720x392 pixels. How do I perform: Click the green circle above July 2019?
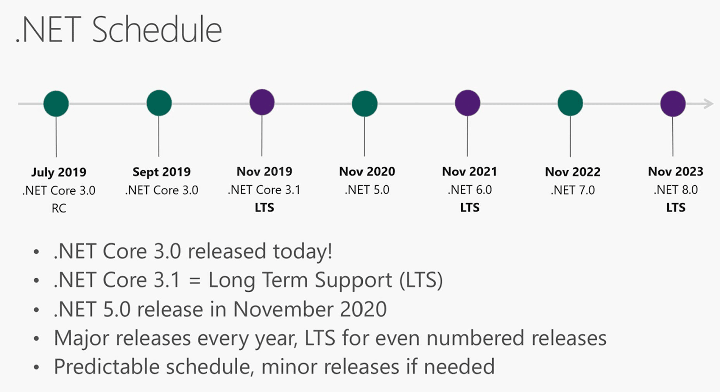[x=56, y=104]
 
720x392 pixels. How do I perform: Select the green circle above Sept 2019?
[x=159, y=103]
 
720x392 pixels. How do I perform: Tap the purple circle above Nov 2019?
[x=262, y=102]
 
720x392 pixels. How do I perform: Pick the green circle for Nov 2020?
[x=364, y=104]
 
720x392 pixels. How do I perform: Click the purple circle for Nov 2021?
[x=468, y=103]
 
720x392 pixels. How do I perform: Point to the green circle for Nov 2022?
[x=570, y=103]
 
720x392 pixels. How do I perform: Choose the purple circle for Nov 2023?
[x=673, y=104]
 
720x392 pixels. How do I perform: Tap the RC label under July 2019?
[x=59, y=208]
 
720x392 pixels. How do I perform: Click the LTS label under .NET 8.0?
[x=675, y=208]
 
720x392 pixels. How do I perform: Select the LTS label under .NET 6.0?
[x=470, y=208]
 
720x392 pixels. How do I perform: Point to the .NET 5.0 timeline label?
[x=367, y=190]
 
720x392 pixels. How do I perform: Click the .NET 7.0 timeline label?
[x=572, y=190]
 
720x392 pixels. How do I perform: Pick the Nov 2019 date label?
[x=264, y=172]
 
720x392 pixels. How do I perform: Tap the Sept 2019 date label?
[x=162, y=172]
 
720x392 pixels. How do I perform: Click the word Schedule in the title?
[x=157, y=30]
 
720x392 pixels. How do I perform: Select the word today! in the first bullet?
[x=302, y=251]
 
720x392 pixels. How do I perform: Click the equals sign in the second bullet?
[x=194, y=280]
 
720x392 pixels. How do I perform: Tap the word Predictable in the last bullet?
[x=107, y=367]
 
